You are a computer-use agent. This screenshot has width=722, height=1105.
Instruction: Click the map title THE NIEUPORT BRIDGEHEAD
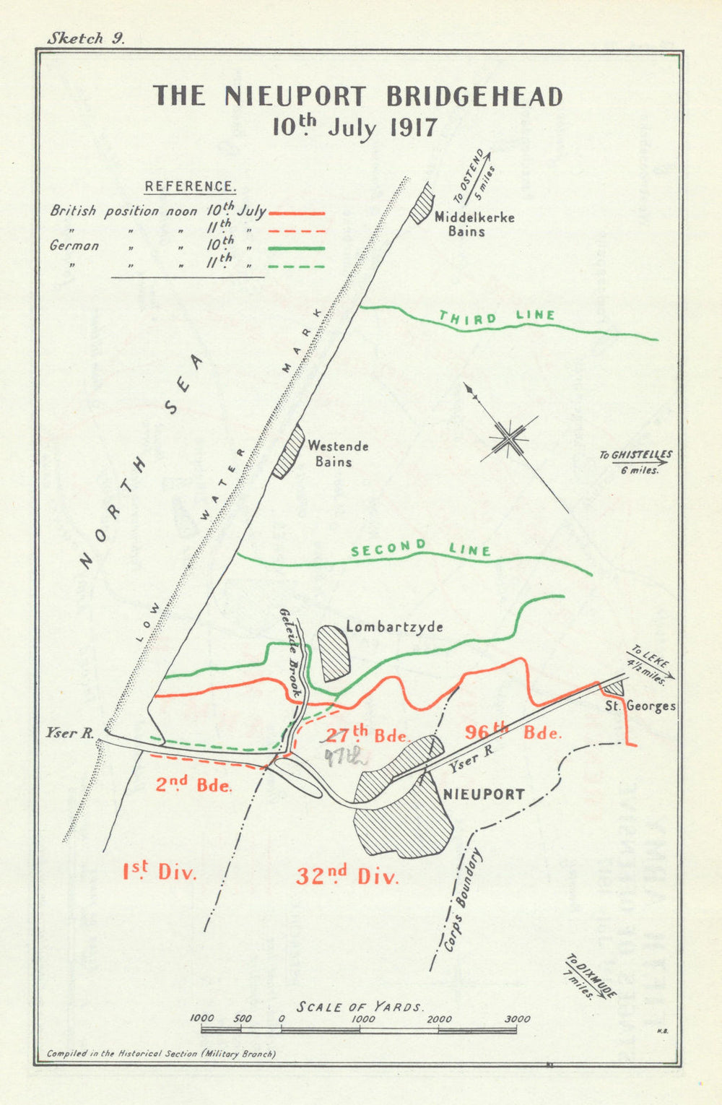pos(357,96)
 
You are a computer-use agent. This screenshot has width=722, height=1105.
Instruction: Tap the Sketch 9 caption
pos(86,39)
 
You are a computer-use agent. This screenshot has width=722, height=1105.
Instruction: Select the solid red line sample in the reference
pos(296,214)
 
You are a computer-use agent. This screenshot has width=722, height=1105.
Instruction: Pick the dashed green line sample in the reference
pos(296,266)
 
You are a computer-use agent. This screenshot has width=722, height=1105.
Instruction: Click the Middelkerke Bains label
pos(474,224)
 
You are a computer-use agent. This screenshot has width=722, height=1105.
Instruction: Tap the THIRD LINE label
pos(497,317)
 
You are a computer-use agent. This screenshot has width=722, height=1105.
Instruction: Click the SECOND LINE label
pos(420,549)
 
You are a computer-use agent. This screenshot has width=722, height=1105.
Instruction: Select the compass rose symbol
pos(510,438)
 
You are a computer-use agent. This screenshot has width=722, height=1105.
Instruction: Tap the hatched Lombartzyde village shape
pos(335,653)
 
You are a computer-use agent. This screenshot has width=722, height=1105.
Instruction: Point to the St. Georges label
pos(640,706)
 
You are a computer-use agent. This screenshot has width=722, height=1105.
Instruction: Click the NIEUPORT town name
pos(483,794)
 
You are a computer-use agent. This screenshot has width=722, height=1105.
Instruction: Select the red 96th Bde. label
pos(513,732)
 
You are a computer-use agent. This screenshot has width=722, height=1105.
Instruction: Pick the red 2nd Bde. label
pos(194,784)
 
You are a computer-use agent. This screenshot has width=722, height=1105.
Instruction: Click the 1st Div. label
pos(159,872)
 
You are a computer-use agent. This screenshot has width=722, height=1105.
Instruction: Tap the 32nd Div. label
pos(347,876)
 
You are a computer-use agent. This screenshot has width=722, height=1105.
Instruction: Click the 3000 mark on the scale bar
pos(517,1019)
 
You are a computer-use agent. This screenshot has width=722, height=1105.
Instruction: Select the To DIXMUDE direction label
pos(590,976)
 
